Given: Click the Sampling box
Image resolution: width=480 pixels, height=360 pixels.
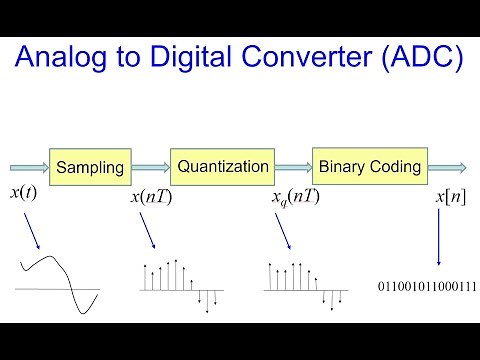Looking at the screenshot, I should click(x=88, y=167).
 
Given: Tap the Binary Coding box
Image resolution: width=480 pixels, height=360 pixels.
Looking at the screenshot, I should click(x=368, y=167).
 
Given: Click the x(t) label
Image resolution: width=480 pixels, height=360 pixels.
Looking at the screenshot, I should click(x=23, y=193).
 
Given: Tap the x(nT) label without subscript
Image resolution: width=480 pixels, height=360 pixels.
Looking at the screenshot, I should click(x=151, y=197).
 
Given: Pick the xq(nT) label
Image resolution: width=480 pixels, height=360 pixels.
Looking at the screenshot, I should click(x=295, y=197).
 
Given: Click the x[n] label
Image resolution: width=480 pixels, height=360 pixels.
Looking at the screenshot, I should click(x=450, y=197).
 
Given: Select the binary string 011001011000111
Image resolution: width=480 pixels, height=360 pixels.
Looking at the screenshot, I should click(x=427, y=287).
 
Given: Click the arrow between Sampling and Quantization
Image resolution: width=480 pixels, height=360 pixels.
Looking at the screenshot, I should click(x=147, y=167).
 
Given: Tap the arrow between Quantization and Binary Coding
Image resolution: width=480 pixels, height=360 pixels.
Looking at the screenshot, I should click(x=293, y=167).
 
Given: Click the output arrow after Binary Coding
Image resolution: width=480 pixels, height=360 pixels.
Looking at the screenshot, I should click(x=448, y=167).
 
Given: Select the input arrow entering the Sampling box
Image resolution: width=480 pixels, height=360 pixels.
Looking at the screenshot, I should click(x=27, y=167).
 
